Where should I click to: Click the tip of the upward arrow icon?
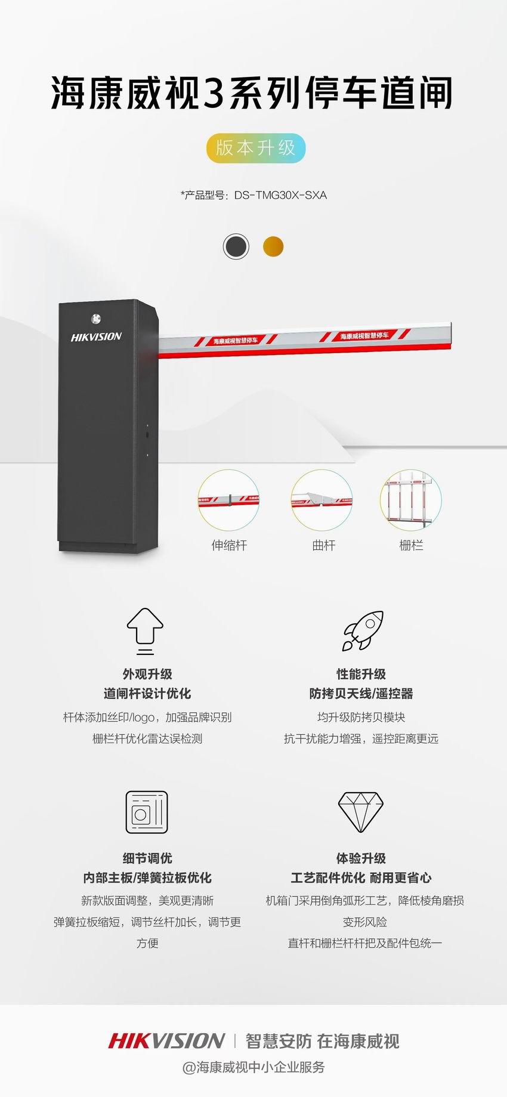pos(145,609)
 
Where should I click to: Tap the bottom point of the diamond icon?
pos(360,832)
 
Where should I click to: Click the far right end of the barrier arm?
pos(451,335)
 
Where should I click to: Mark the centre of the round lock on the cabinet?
pos(96,319)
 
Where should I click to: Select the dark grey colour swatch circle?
pos(236,246)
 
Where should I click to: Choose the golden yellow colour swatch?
pos(273,246)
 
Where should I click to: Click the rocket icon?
pos(363,631)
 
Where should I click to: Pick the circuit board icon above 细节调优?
pos(147,812)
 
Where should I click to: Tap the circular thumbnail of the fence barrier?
pos(411,500)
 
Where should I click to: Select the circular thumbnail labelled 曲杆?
pos(322,500)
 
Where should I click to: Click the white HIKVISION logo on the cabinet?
pos(96,337)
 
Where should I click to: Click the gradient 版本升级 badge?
pos(256,148)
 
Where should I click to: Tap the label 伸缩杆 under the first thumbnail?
pos(229,545)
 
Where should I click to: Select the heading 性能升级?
pos(361,674)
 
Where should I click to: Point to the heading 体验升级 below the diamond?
pos(361,858)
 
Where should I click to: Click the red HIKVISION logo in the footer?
pos(166,1041)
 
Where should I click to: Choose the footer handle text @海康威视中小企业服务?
pos(253,1067)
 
